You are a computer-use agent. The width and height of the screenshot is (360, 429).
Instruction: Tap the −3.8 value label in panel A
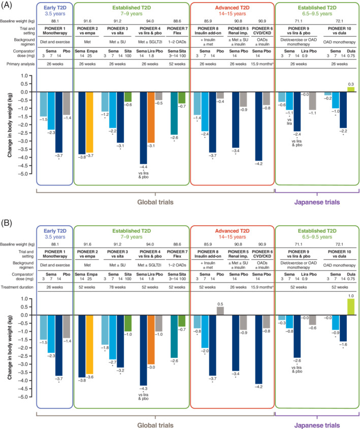click(80, 158)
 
